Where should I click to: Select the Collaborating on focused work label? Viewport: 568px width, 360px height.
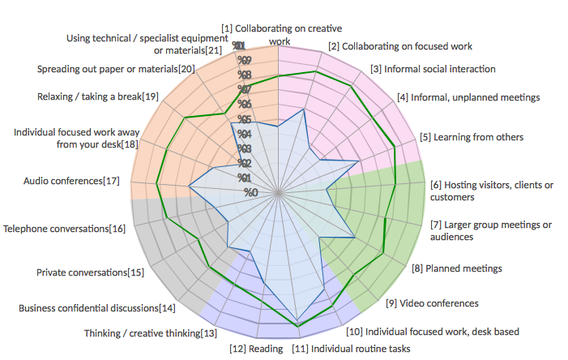point(400,46)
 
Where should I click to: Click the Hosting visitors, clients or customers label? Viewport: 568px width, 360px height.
point(492,191)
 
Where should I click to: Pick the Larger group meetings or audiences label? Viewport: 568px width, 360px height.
point(492,230)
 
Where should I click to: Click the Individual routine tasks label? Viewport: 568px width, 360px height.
point(350,349)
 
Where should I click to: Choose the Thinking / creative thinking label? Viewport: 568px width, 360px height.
point(151,333)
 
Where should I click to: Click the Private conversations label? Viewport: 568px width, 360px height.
point(91,272)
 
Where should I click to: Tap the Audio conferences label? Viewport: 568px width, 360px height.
point(71,180)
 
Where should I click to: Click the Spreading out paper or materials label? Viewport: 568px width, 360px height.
point(116,69)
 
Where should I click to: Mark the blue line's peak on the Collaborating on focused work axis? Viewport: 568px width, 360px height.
point(302,109)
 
